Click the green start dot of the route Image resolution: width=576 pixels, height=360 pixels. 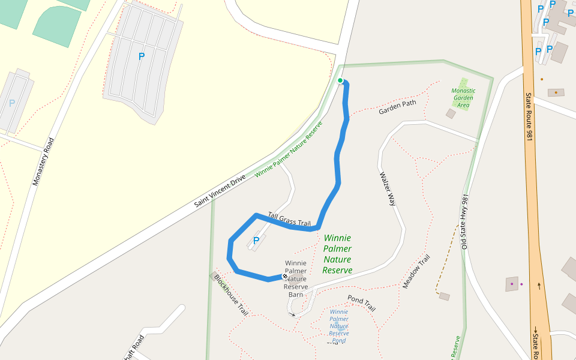[340, 80]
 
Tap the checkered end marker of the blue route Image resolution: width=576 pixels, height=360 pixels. [284, 276]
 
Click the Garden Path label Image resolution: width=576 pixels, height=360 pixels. [397, 107]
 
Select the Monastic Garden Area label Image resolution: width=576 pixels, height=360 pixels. [463, 97]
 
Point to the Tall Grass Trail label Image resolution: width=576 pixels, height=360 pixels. [289, 220]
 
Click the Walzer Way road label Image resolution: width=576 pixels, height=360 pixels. [388, 190]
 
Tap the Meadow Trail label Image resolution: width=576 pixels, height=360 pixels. [416, 271]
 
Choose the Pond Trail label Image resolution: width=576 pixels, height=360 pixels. [361, 302]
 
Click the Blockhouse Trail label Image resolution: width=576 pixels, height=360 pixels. [231, 295]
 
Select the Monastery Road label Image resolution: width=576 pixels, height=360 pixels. [43, 162]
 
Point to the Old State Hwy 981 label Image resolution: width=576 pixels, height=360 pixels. [464, 221]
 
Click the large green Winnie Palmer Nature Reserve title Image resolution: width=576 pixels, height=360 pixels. [337, 254]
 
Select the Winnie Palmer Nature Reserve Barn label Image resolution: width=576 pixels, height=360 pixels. [296, 278]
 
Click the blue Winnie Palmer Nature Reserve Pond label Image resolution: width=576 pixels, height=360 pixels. [339, 326]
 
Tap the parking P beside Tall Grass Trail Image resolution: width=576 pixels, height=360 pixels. [256, 241]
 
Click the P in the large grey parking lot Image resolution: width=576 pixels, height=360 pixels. [142, 56]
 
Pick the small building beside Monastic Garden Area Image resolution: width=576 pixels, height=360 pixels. [451, 113]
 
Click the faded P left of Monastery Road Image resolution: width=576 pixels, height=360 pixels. [11, 103]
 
